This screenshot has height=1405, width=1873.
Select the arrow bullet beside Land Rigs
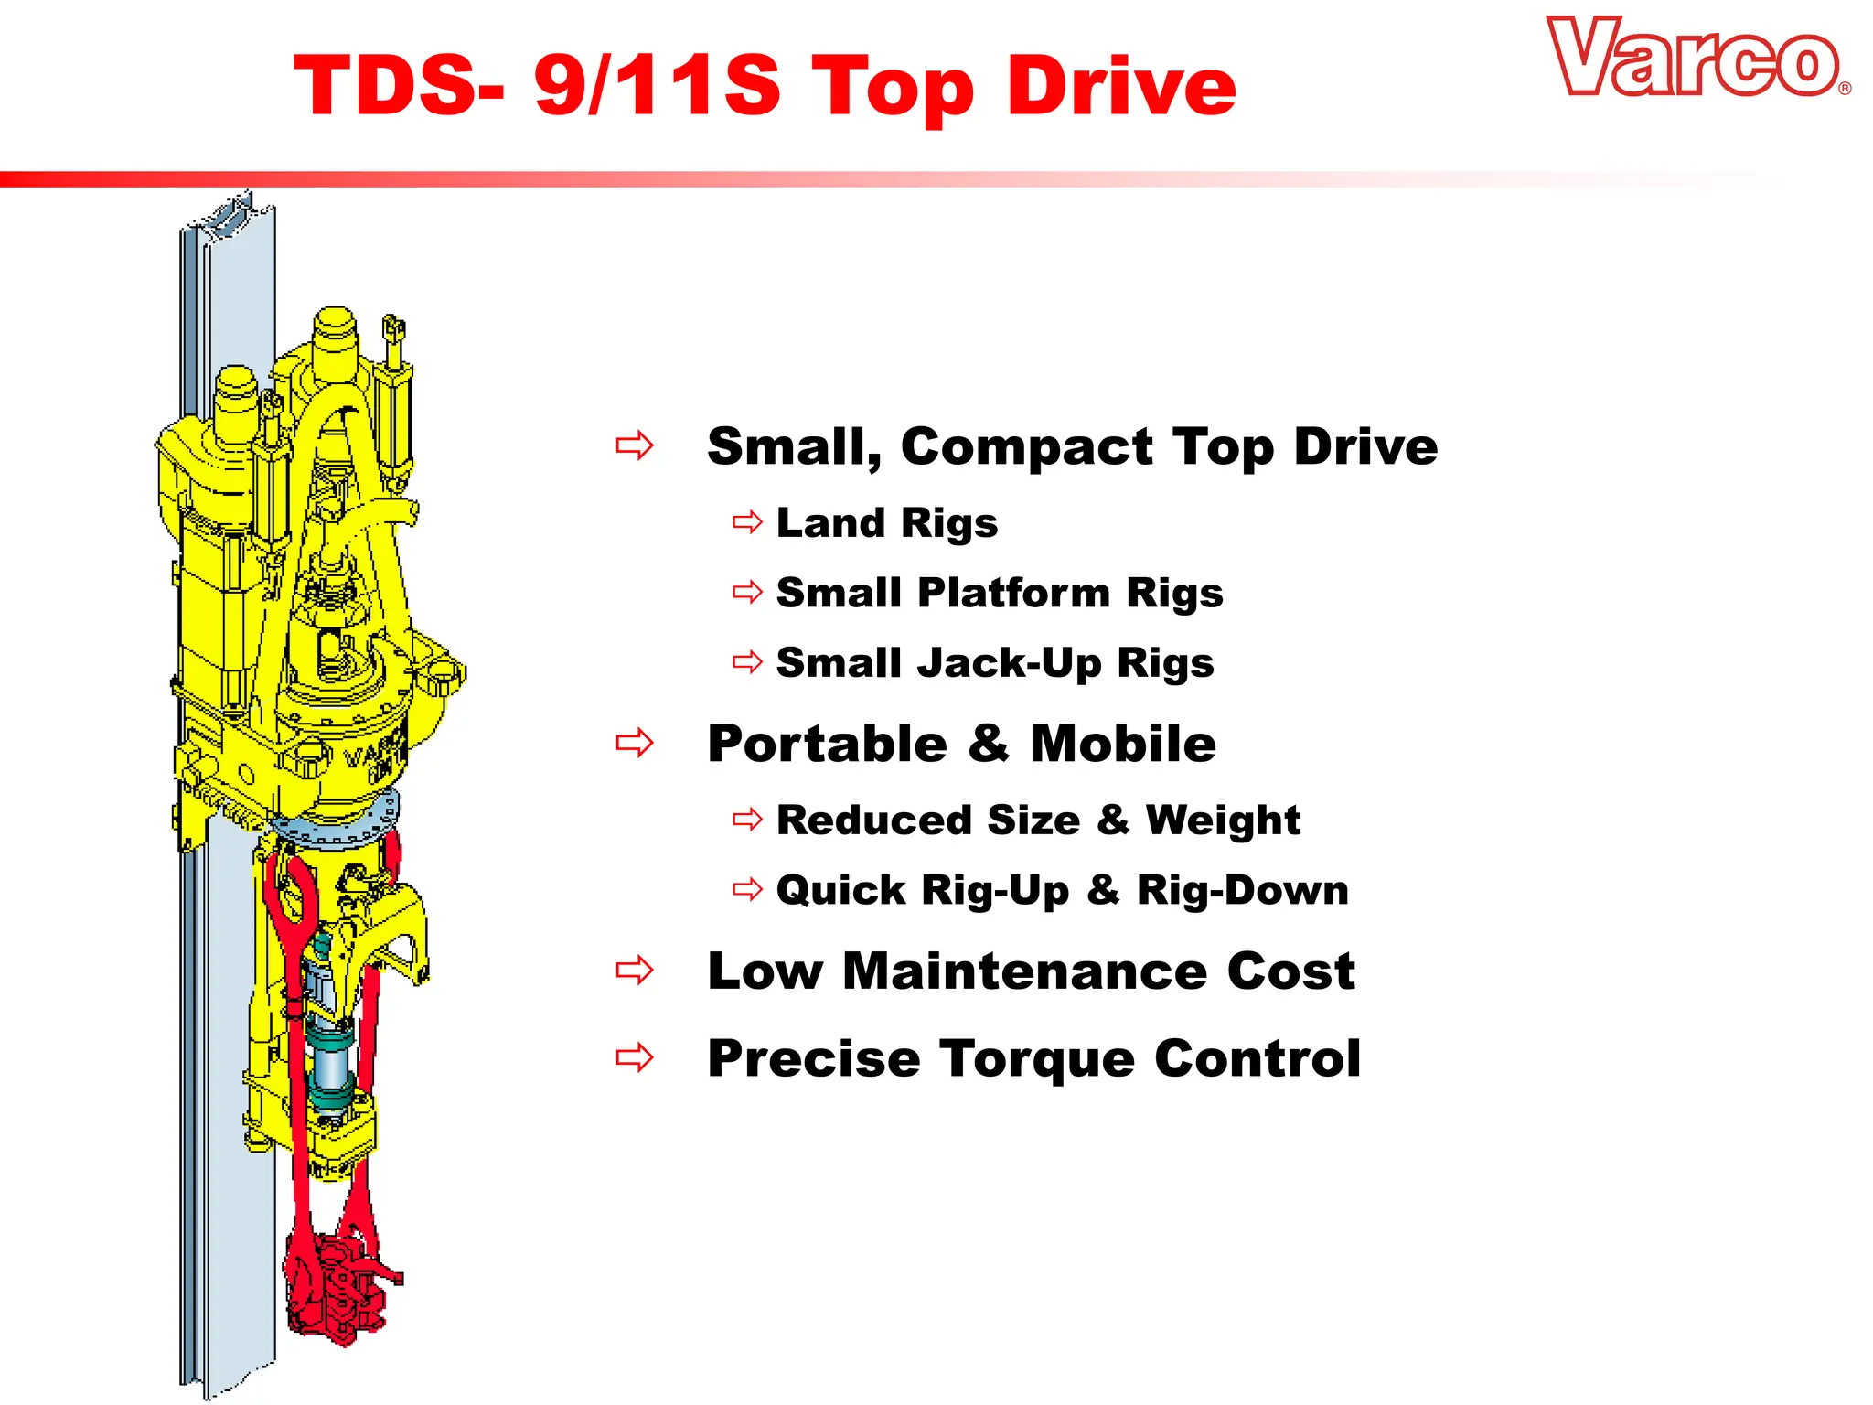point(747,522)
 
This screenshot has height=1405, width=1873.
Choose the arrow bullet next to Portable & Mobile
point(635,743)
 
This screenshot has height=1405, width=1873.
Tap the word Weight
point(1223,820)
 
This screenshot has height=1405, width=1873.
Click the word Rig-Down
point(1243,890)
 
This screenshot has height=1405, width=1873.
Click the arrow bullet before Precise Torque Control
point(635,1057)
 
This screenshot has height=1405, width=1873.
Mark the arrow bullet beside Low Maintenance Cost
point(635,970)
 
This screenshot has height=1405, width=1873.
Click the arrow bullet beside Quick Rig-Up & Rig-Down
point(747,889)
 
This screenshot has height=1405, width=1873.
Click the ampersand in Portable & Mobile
point(989,743)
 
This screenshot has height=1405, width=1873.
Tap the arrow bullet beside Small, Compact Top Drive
point(635,446)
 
